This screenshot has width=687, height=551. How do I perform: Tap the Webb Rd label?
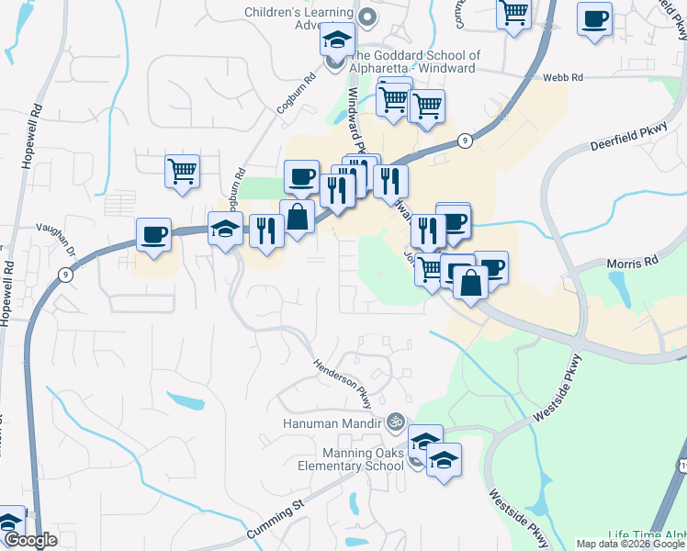point(563,79)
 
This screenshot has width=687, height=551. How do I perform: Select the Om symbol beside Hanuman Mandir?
point(396,422)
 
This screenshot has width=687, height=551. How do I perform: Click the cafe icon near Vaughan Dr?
point(152,235)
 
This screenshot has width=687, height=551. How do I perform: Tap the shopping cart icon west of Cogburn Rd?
point(182,172)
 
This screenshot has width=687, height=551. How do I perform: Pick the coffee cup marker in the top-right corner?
point(594,19)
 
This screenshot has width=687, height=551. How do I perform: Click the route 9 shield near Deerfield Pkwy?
point(467,141)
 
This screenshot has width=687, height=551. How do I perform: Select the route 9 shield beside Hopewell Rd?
point(63,274)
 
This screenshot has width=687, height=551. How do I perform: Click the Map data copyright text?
point(630,544)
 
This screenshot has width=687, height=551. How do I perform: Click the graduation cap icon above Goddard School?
point(337,40)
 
